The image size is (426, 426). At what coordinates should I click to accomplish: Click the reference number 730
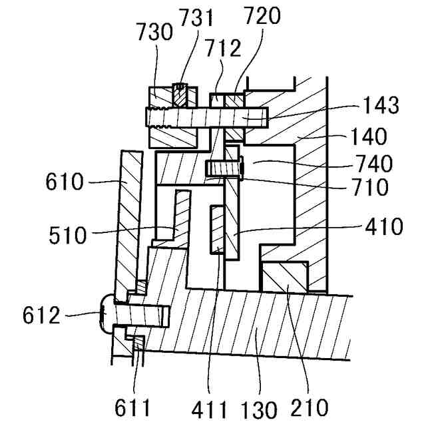coord(153,31)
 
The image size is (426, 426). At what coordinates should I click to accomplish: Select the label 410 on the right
coord(383,227)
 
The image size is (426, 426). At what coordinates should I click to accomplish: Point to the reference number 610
coord(66,180)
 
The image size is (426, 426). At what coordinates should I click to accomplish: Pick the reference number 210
coord(310,407)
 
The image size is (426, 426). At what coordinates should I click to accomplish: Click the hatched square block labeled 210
coord(285,276)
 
